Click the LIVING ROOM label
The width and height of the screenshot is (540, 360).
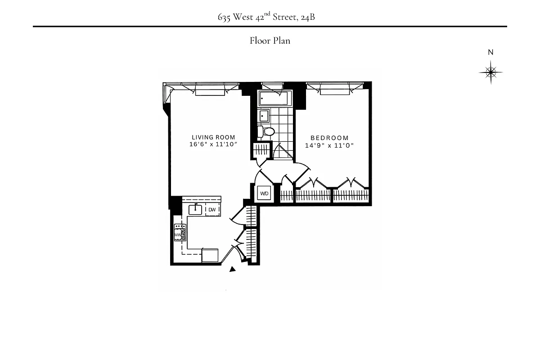[213, 137]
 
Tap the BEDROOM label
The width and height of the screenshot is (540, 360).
[329, 138]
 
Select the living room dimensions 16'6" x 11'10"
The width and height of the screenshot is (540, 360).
[213, 144]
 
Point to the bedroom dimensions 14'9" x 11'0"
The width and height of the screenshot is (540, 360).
[329, 145]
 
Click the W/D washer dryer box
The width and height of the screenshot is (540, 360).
[264, 193]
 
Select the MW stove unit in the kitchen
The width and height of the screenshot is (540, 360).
[180, 234]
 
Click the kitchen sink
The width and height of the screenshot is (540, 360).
[196, 209]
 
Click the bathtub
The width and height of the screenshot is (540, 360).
[273, 98]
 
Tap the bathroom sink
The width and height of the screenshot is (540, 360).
[264, 116]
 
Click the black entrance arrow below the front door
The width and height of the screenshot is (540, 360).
[233, 270]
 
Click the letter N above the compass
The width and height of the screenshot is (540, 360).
[490, 52]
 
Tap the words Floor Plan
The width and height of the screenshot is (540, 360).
[270, 41]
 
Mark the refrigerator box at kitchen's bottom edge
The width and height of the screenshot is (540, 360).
[210, 255]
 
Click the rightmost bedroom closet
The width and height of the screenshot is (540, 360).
[351, 196]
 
